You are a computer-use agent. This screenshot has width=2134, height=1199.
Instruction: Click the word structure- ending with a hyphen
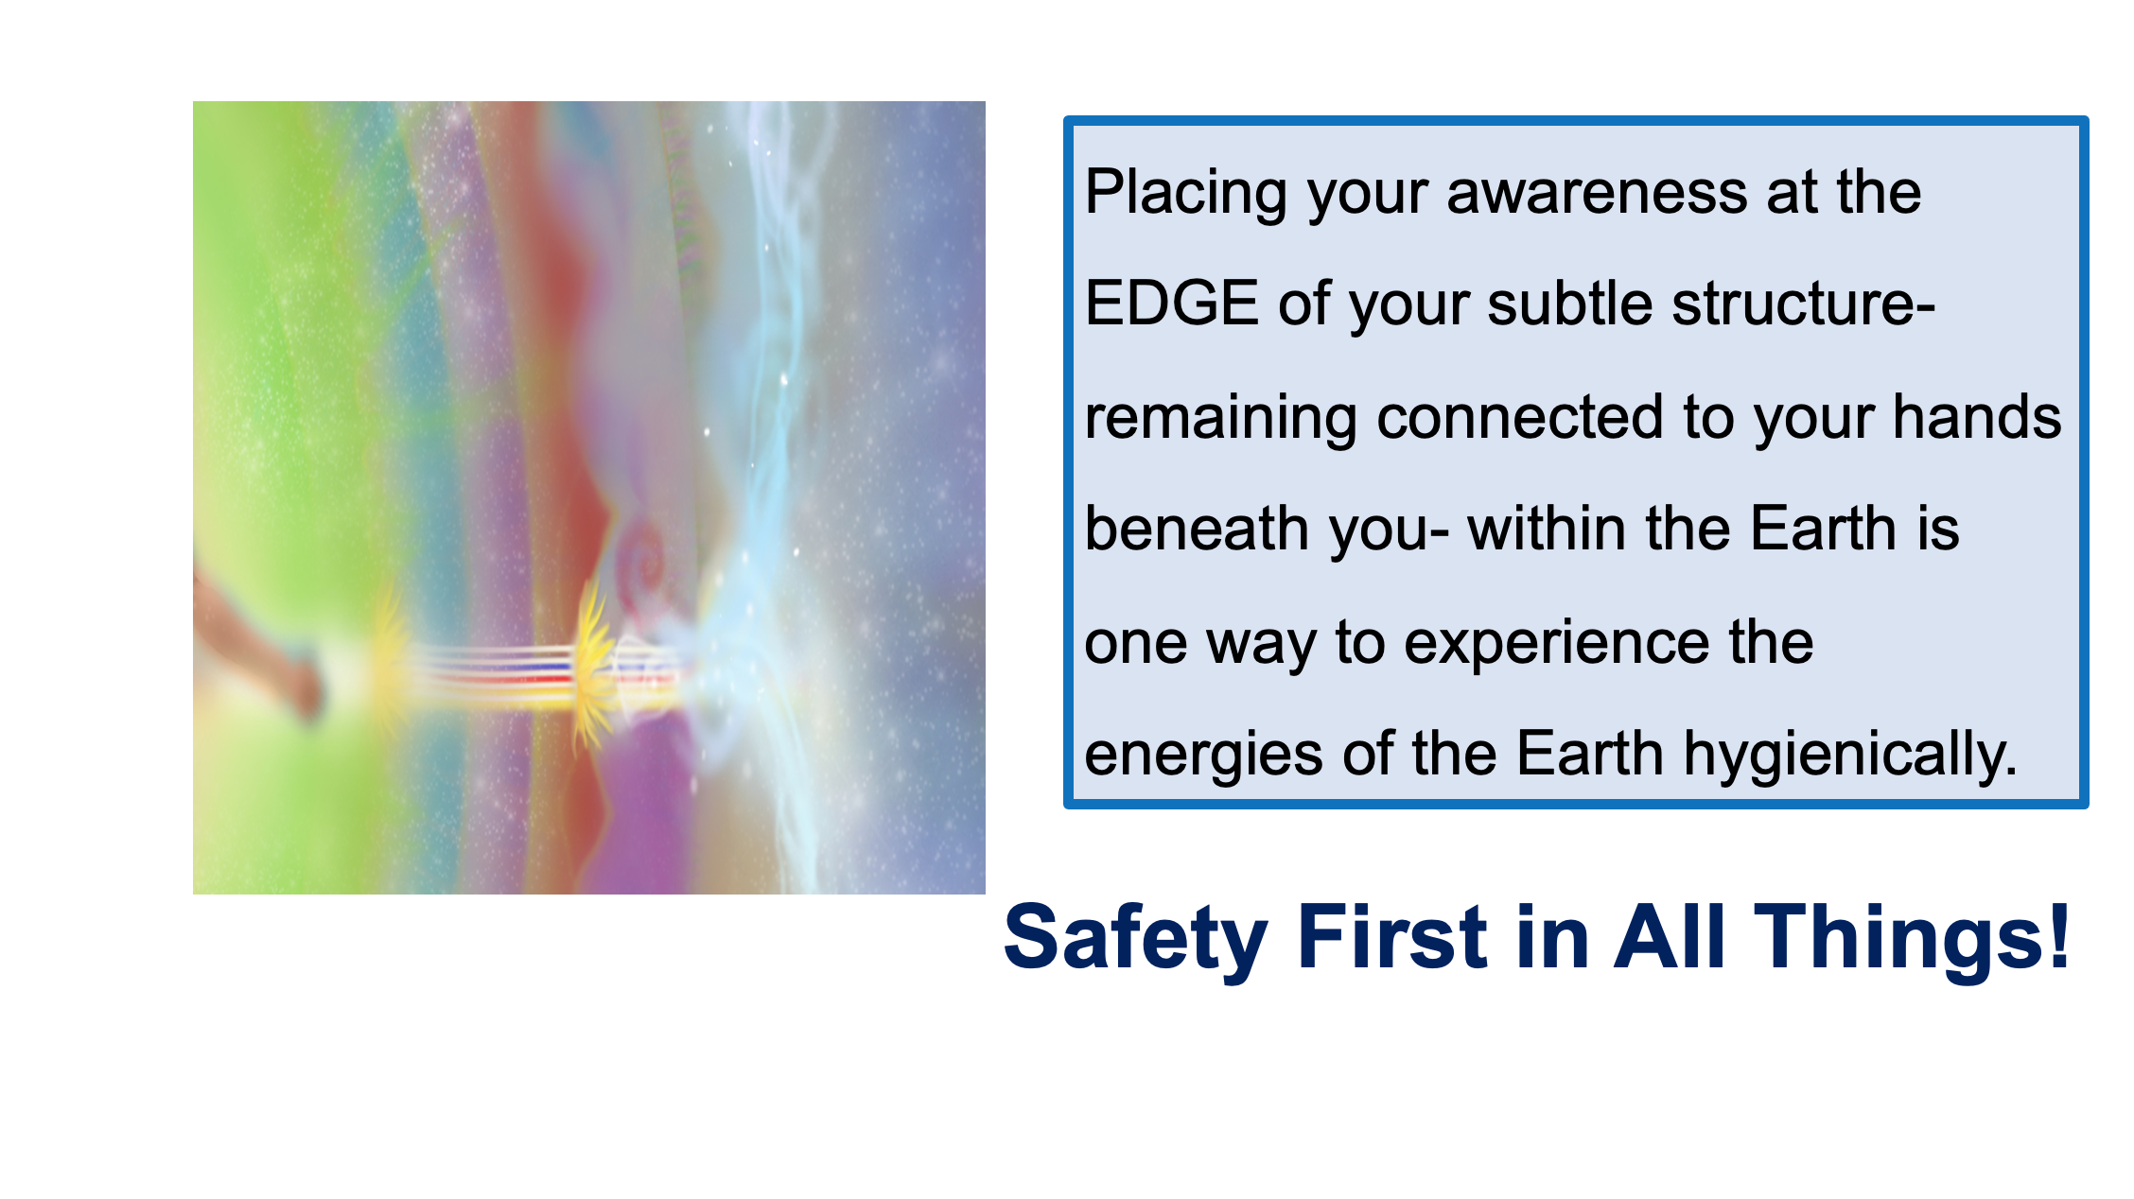[1804, 304]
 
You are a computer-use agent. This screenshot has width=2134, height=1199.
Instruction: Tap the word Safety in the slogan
[1135, 938]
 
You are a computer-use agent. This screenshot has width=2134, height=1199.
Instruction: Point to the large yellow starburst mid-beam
[594, 667]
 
